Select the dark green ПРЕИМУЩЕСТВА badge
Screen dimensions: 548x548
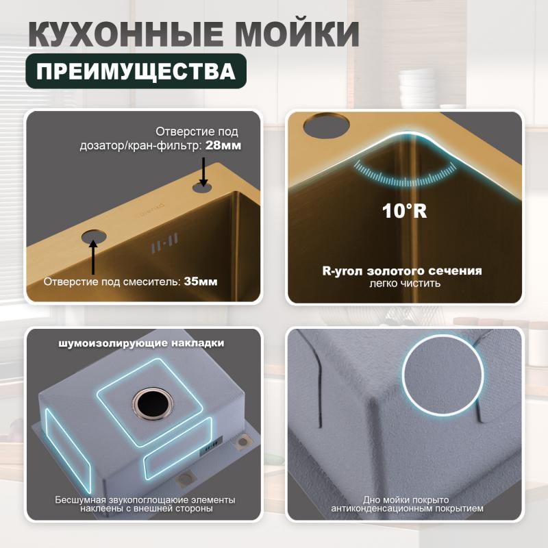tap(136, 71)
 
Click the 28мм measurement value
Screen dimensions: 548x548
tap(223, 145)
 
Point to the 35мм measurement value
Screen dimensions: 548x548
tap(201, 282)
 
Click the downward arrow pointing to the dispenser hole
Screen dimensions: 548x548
tap(203, 172)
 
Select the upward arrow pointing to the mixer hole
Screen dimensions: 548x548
tap(93, 256)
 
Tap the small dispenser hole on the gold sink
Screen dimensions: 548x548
tap(202, 188)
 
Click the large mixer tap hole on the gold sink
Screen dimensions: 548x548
tap(94, 236)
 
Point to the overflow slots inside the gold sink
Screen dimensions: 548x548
tap(165, 242)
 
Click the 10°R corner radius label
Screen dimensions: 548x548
tap(404, 211)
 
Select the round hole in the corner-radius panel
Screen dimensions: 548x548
tap(327, 125)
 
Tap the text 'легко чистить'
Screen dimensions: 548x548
tap(405, 283)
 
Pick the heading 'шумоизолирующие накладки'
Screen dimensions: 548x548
tap(141, 343)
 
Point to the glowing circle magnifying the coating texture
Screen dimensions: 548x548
tap(443, 375)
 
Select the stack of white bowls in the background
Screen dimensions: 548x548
tap(418, 86)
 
